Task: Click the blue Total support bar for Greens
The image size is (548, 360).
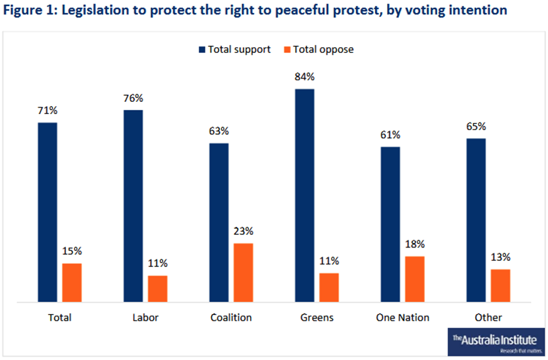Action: pos(304,196)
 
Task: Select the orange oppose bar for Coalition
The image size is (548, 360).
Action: pos(243,273)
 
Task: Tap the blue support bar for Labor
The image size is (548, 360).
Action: pos(133,206)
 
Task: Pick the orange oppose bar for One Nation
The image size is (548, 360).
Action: pos(414,279)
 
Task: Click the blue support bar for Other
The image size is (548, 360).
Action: pos(476,220)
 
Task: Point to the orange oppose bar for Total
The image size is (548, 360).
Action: pos(72,283)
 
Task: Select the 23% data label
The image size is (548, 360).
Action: pos(244,231)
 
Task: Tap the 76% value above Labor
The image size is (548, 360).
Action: pos(134,98)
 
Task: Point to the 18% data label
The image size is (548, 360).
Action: pos(415,244)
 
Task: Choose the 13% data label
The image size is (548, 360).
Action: pos(501,257)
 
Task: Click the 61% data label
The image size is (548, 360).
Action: pos(390,135)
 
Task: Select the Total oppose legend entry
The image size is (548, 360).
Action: pos(318,50)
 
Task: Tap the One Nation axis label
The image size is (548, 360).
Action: pos(402,317)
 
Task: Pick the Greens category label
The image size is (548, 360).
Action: pos(317,317)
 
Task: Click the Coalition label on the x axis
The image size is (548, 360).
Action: pos(231,317)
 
